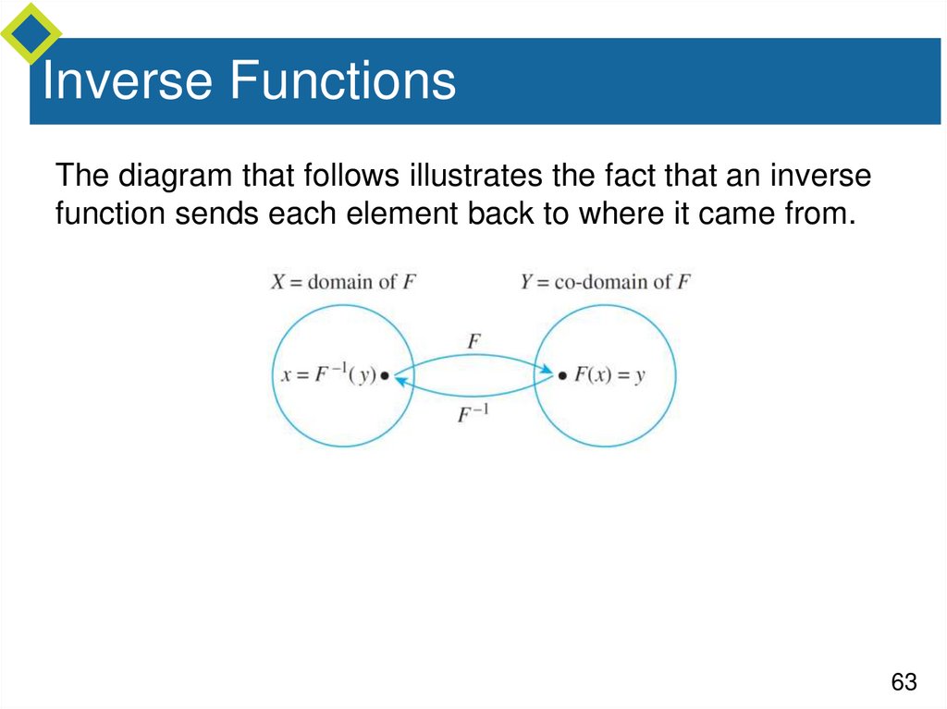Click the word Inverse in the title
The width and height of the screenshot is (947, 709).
128,81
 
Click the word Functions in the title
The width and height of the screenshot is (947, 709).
342,81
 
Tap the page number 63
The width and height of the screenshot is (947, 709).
904,682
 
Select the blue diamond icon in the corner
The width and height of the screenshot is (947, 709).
30,33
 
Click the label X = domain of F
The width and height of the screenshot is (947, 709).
343,282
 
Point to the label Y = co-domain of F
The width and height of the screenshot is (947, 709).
605,282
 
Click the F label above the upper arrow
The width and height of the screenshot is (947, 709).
473,341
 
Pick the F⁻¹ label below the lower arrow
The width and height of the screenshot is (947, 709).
473,414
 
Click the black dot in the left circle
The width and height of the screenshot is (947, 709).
386,376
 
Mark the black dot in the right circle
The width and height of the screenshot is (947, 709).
561,376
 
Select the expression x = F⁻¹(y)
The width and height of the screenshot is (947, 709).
329,376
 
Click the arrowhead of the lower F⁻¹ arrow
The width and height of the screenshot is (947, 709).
400,380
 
